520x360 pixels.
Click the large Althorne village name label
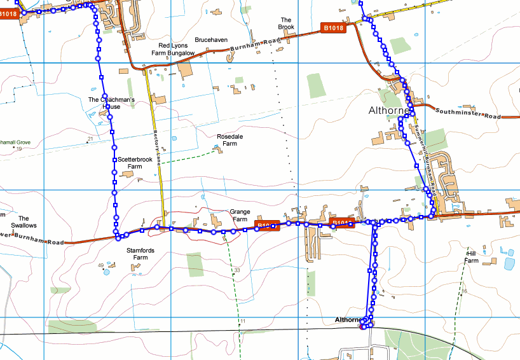388,111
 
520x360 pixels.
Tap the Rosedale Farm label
227,140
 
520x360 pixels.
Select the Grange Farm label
240,216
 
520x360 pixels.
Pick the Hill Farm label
471,256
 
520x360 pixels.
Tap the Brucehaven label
211,39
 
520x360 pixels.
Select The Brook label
286,23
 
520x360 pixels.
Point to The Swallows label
24,221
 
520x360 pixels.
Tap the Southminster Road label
469,114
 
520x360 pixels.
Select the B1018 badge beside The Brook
332,27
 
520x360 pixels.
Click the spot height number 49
100,265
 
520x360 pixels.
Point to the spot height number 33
237,271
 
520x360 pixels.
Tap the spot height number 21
90,139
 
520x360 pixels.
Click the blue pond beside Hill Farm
508,262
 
